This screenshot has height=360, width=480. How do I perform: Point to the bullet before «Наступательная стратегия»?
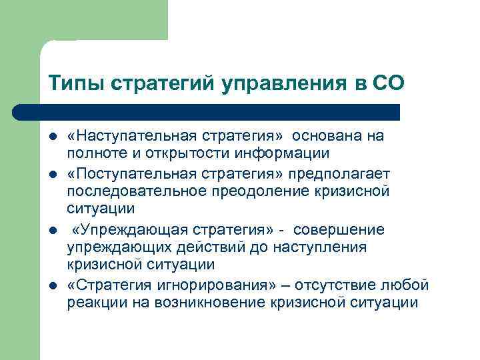(53, 137)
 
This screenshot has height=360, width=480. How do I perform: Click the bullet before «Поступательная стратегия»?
(53, 174)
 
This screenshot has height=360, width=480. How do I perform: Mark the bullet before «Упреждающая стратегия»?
(53, 230)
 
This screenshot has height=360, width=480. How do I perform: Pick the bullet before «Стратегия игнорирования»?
(53, 286)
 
